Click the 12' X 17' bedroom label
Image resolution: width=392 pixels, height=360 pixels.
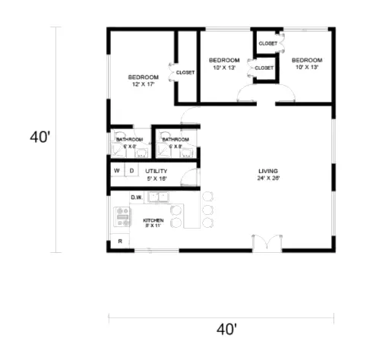pyautogui.click(x=143, y=81)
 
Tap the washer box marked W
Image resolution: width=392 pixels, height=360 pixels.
pyautogui.click(x=118, y=171)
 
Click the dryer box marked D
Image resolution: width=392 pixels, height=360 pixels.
pyautogui.click(x=131, y=171)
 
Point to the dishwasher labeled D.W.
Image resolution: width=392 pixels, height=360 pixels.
pyautogui.click(x=137, y=197)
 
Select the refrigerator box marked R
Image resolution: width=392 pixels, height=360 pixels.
pyautogui.click(x=119, y=242)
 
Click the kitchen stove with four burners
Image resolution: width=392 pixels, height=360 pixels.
pyautogui.click(x=122, y=219)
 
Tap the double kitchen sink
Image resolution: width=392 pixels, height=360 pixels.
pyautogui.click(x=159, y=197)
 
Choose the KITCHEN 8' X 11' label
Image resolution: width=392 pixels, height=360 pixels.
pyautogui.click(x=153, y=223)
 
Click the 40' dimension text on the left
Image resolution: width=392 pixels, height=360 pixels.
pyautogui.click(x=40, y=137)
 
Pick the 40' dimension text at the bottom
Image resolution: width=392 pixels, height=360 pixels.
pyautogui.click(x=226, y=330)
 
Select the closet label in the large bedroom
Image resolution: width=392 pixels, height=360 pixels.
pyautogui.click(x=185, y=73)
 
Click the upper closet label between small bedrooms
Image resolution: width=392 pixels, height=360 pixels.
pyautogui.click(x=267, y=43)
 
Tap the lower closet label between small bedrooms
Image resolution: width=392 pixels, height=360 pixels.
pyautogui.click(x=264, y=68)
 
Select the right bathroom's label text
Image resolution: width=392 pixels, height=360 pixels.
pyautogui.click(x=175, y=143)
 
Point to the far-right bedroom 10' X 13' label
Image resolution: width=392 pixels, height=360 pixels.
pyautogui.click(x=308, y=63)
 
